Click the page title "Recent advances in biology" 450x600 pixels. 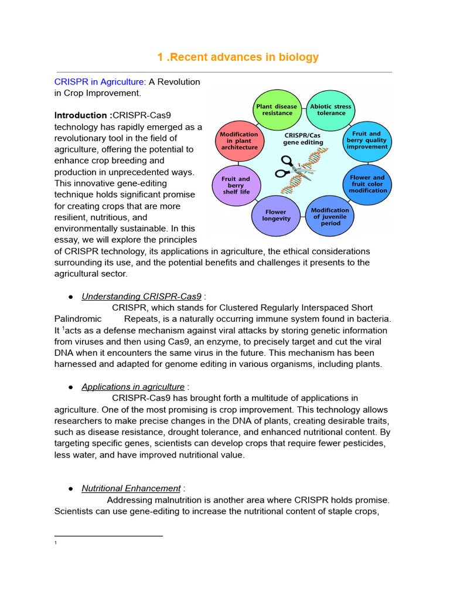(238, 57)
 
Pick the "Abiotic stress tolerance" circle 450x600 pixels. (331, 110)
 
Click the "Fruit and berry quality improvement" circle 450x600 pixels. (367, 141)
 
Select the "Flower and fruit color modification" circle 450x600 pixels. (367, 183)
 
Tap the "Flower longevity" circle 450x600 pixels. (275, 216)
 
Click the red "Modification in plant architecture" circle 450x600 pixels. (238, 141)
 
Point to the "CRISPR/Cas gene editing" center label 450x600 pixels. (302, 138)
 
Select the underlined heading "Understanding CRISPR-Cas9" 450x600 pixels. (141, 296)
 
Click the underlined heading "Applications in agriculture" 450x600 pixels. (133, 387)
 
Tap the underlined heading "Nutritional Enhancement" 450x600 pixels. (131, 488)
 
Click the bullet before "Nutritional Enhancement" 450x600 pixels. (70, 489)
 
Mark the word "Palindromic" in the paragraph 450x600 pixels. (77, 319)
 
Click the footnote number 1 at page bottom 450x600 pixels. (55, 544)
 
